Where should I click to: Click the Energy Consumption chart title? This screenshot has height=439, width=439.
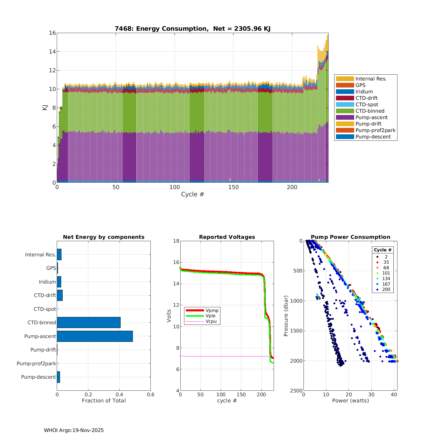(x=192, y=28)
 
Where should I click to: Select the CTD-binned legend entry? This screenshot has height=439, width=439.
(x=370, y=111)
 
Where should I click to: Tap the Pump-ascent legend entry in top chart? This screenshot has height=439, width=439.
(x=371, y=117)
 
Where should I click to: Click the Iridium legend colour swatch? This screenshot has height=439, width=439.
(x=345, y=92)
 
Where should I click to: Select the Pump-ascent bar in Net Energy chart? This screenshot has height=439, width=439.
(x=95, y=336)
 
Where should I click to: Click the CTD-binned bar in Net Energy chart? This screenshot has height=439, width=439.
(x=89, y=323)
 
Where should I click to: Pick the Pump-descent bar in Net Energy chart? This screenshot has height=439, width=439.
(x=59, y=377)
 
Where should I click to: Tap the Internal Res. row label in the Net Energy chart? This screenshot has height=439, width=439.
(x=40, y=255)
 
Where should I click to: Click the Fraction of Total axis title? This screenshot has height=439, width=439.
(x=104, y=400)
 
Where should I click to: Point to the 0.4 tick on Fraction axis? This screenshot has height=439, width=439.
(x=119, y=395)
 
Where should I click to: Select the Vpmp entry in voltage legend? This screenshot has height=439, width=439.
(x=212, y=310)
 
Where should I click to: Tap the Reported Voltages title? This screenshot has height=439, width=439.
(x=227, y=237)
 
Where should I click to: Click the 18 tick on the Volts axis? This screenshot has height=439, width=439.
(x=176, y=241)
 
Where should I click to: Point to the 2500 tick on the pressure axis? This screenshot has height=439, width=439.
(x=296, y=391)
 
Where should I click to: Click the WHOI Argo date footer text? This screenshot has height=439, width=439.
(x=74, y=430)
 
